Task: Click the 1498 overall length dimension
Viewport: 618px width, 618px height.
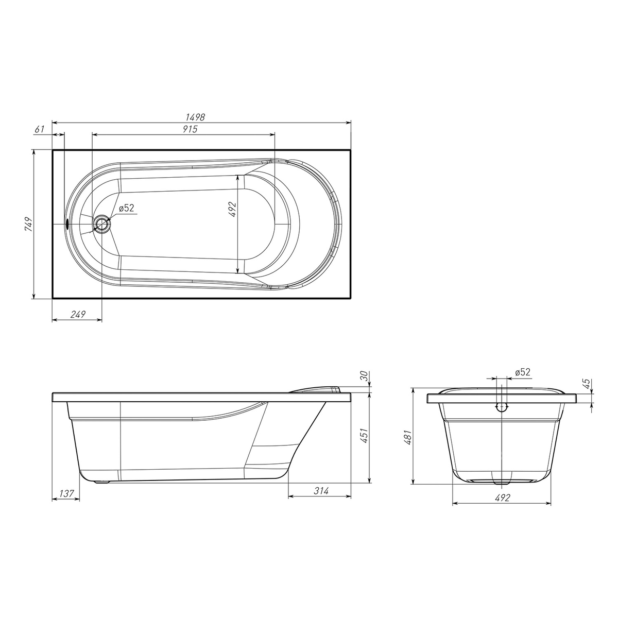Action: (x=195, y=117)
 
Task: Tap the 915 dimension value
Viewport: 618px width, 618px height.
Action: (x=190, y=129)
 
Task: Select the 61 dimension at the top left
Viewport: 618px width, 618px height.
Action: (x=39, y=129)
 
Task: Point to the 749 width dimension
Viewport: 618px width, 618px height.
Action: (x=28, y=224)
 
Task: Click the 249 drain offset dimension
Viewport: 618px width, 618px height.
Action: (x=78, y=314)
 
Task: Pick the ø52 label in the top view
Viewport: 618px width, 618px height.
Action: (x=126, y=208)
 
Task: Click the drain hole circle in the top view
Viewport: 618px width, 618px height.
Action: (x=102, y=223)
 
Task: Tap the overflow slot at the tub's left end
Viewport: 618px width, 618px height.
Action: (x=67, y=223)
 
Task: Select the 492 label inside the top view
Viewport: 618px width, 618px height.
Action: (x=232, y=210)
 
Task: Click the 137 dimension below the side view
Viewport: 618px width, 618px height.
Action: (x=67, y=493)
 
